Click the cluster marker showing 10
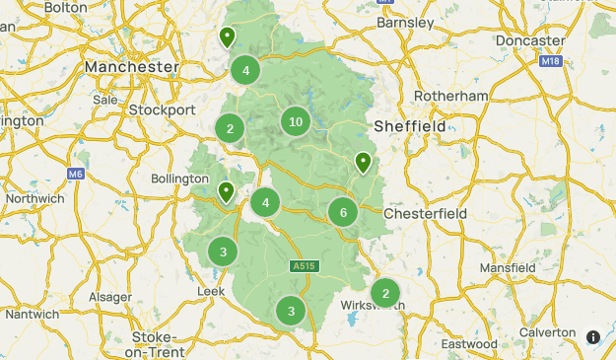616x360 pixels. [x=295, y=122]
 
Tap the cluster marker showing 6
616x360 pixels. [x=343, y=211]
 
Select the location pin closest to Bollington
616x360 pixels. [x=226, y=191]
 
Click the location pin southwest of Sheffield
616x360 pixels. [x=364, y=162]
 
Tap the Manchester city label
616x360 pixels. [x=131, y=66]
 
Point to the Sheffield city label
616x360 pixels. [x=410, y=126]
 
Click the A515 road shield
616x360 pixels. [x=304, y=266]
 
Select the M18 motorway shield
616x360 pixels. [x=550, y=61]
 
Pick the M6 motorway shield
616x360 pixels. [x=76, y=175]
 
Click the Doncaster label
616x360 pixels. [x=531, y=40]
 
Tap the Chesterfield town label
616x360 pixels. [x=424, y=214]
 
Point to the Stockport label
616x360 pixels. [x=162, y=109]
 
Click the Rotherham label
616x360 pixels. [x=452, y=96]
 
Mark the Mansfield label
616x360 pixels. [x=508, y=267]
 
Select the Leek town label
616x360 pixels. [x=212, y=292]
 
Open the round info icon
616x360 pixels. [x=593, y=337]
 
